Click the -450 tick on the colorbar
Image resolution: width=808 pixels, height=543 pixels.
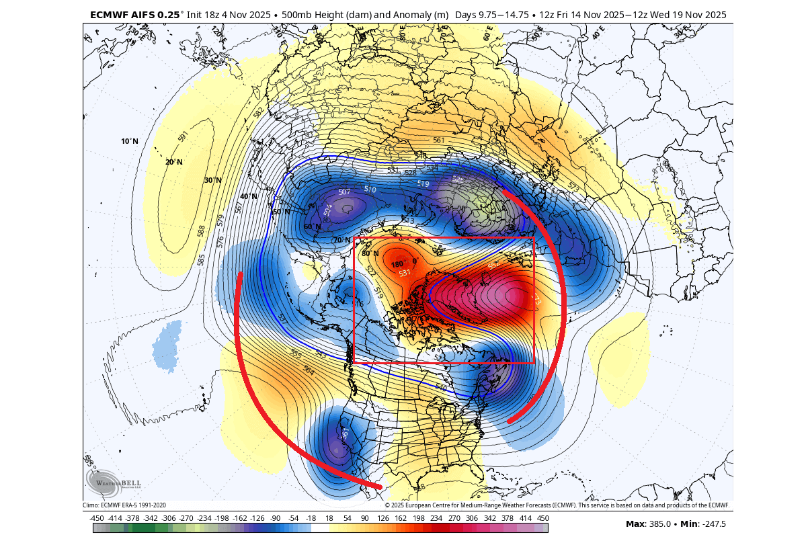(97, 518)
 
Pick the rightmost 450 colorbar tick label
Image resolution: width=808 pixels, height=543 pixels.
(542, 518)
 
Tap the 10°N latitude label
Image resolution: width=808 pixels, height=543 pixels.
(130, 142)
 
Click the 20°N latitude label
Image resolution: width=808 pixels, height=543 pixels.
(173, 162)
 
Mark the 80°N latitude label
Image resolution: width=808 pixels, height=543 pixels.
(370, 253)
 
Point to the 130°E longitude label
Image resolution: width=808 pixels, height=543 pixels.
(136, 32)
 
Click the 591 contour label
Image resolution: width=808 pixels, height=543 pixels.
(183, 136)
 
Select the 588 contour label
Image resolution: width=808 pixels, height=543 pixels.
(201, 231)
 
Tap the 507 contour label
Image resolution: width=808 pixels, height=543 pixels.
(344, 192)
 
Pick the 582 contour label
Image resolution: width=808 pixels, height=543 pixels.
(259, 112)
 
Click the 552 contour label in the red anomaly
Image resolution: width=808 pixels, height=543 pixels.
(492, 266)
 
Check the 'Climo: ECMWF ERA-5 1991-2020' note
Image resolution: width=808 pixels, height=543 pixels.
(124, 505)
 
